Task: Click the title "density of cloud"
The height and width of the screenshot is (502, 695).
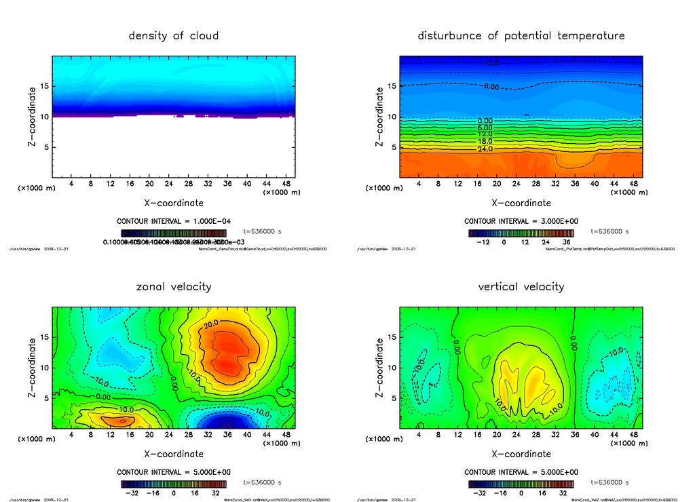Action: pos(174,35)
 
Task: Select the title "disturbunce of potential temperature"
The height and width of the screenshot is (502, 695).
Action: pos(521,35)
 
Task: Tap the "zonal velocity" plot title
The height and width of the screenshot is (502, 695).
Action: pos(174,286)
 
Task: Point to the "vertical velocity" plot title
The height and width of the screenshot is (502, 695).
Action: pos(521,286)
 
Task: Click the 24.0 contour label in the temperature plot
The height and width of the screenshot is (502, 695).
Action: pos(485,149)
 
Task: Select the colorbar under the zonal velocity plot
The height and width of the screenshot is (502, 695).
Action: pos(174,484)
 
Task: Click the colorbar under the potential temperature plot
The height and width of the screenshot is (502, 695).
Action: pos(521,233)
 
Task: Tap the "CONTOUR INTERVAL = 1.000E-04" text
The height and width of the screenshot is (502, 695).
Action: pos(174,221)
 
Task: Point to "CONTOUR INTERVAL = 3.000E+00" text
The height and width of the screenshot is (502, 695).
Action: pos(521,221)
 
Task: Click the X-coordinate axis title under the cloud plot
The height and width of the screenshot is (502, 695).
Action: pos(174,203)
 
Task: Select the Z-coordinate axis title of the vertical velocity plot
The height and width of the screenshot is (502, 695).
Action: pos(379,367)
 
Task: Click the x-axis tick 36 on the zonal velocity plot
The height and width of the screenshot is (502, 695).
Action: pos(228,435)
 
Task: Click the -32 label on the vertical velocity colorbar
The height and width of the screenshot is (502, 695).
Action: pos(479,493)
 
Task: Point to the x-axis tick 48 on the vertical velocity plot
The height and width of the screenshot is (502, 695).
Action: pos(633,435)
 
